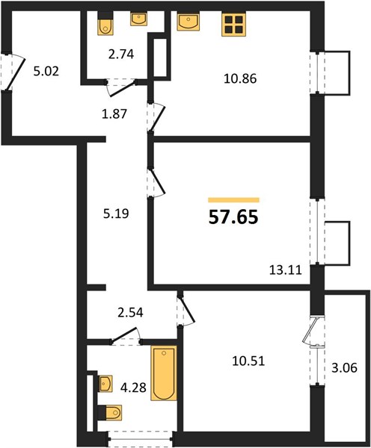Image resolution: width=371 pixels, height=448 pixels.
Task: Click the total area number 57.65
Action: click(233, 217)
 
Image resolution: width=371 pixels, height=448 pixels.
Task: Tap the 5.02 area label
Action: click(46, 71)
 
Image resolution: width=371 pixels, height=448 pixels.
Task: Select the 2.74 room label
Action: click(121, 54)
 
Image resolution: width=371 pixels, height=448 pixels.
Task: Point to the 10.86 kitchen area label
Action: click(240, 78)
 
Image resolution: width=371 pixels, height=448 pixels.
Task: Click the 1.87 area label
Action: click(114, 114)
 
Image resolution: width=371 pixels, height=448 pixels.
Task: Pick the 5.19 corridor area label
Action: click(116, 213)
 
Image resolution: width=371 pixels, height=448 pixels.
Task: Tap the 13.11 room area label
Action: click(286, 270)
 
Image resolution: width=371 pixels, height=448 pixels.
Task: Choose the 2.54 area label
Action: click(130, 312)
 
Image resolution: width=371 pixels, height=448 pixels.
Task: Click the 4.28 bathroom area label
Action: click(133, 388)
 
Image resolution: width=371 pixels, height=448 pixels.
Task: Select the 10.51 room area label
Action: click(248, 361)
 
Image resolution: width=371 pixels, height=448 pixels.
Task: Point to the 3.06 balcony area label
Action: click(344, 367)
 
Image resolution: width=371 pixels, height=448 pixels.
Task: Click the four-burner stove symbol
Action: click(234, 25)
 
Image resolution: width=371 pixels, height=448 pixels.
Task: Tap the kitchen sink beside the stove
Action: click(188, 22)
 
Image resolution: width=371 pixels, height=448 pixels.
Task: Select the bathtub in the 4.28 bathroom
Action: click(164, 373)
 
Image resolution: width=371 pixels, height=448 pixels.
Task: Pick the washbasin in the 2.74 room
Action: click(139, 19)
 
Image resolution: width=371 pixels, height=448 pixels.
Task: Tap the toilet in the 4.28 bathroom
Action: click(110, 412)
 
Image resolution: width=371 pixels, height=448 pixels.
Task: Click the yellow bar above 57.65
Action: click(233, 200)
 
